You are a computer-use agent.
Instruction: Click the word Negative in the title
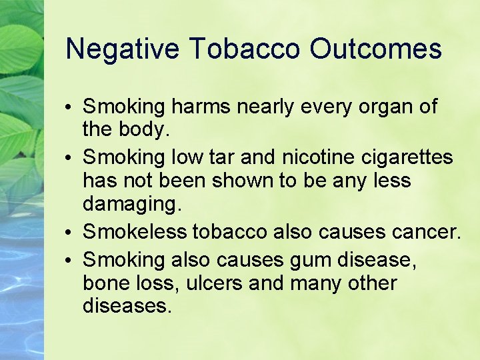click(122, 49)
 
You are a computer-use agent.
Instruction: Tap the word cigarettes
click(406, 158)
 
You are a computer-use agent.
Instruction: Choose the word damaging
click(131, 204)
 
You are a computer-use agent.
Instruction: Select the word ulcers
click(215, 283)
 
